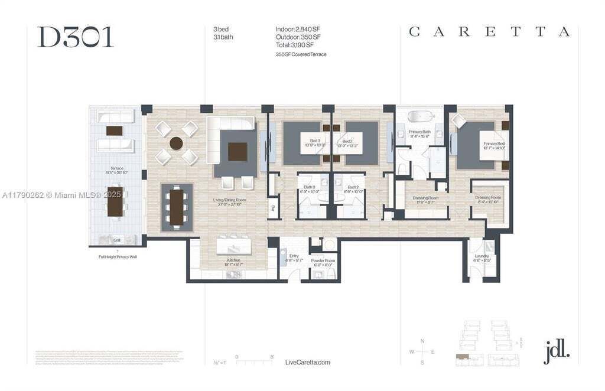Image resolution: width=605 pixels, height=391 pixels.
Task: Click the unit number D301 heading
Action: [x=75, y=37]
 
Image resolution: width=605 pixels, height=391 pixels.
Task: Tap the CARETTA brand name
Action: [x=489, y=32]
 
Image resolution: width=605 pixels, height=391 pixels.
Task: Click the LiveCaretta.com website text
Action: [x=307, y=362]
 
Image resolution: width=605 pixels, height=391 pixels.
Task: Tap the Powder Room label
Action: [x=323, y=262]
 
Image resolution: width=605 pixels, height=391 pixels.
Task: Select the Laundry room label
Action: [x=482, y=258]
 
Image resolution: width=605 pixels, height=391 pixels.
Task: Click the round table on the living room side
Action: [x=176, y=143]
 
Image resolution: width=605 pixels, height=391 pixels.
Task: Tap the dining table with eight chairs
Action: [x=177, y=207]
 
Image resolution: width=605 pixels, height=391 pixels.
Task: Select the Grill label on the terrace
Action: [x=117, y=240]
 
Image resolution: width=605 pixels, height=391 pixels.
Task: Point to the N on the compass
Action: [x=422, y=341]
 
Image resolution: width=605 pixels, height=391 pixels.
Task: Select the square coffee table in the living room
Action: [x=238, y=151]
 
